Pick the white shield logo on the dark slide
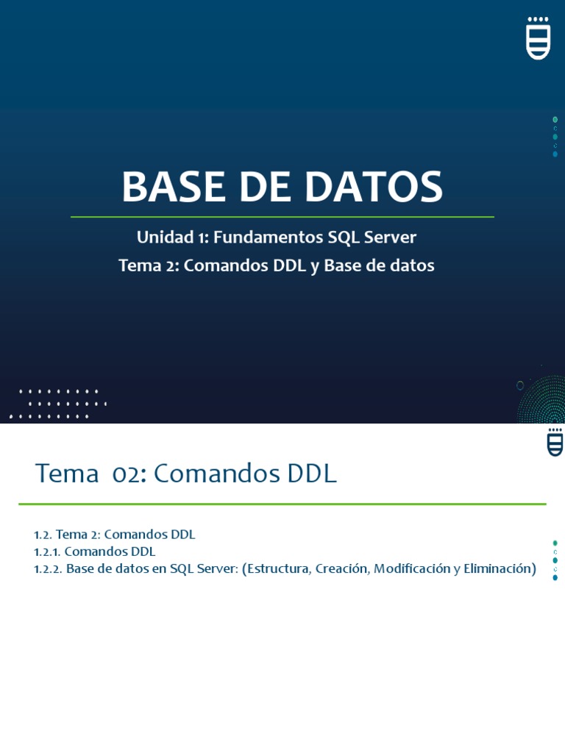pos(539,38)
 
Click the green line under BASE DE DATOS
pos(282,217)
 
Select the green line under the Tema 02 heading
pos(282,504)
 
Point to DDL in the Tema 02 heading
pos(310,474)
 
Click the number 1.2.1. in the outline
pos(48,552)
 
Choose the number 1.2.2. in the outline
pos(49,568)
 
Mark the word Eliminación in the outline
pos(500,568)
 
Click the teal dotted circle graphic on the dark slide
pos(544,401)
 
